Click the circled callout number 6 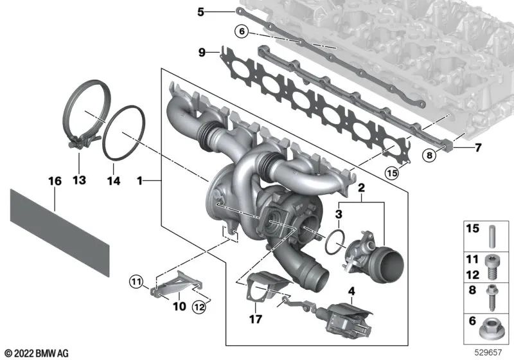tap(242, 32)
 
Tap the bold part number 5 tap(200, 12)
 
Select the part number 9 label tap(202, 52)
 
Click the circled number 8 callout tap(429, 155)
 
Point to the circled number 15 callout tap(392, 173)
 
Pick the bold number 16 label tap(55, 181)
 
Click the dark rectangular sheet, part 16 tap(60, 232)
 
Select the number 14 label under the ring tap(114, 181)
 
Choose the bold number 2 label tap(361, 188)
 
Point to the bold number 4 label tap(351, 291)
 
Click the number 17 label tap(256, 319)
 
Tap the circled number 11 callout tap(136, 282)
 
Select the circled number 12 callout tap(199, 307)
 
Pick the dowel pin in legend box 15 tap(492, 236)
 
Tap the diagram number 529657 tap(488, 353)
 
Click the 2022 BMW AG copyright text tap(37, 354)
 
